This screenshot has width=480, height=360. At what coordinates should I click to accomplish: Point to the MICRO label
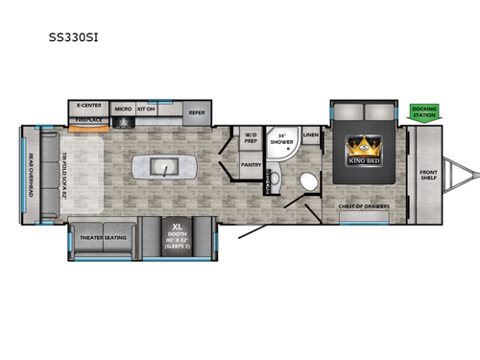coord(123,109)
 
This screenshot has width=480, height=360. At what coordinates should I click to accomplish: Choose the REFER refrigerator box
coord(197,112)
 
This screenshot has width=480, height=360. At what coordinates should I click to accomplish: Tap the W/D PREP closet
coord(251,136)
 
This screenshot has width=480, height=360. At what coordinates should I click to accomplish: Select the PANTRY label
coord(252,164)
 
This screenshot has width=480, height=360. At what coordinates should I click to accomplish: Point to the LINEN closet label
coord(310,135)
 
